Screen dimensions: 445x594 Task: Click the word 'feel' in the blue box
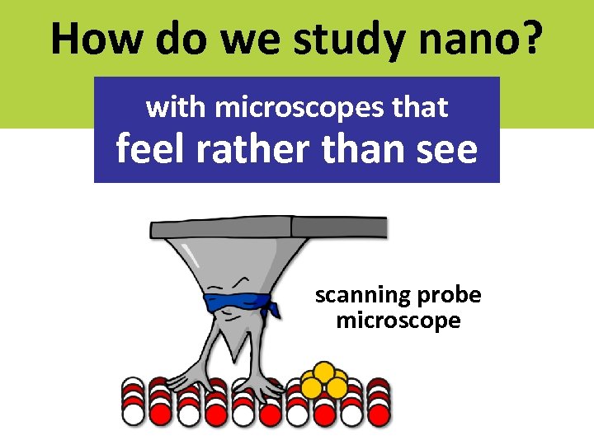tap(148, 149)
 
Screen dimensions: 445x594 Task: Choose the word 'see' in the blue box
tap(445, 149)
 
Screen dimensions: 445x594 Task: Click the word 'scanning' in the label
tap(355, 295)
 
